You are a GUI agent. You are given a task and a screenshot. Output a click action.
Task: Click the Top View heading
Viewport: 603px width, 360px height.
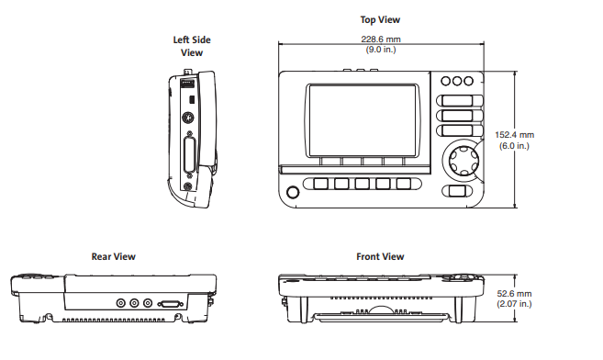pyautogui.click(x=380, y=20)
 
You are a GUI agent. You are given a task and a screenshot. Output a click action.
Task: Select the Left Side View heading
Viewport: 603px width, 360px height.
pyautogui.click(x=192, y=46)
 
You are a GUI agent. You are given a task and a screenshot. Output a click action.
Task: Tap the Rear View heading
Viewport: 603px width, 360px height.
pyautogui.click(x=114, y=256)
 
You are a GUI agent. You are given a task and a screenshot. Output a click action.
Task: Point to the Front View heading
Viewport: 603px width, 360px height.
pyautogui.click(x=380, y=256)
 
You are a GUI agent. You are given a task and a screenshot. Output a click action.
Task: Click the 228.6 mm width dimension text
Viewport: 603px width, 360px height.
pyautogui.click(x=381, y=39)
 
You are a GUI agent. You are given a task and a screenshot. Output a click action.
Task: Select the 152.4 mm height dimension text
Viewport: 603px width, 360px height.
pyautogui.click(x=514, y=135)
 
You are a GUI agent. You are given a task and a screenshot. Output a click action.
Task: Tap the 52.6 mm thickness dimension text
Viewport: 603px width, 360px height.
pyautogui.click(x=514, y=294)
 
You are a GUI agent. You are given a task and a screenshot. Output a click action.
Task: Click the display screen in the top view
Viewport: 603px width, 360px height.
pyautogui.click(x=363, y=120)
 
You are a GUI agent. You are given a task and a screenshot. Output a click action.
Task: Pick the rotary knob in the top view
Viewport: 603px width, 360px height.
pyautogui.click(x=464, y=159)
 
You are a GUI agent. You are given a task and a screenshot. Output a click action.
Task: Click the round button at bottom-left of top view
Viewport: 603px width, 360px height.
pyautogui.click(x=293, y=192)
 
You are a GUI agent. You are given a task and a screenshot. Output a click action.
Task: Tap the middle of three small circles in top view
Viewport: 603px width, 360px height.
pyautogui.click(x=457, y=81)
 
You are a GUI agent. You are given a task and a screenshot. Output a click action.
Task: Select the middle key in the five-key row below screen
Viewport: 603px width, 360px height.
pyautogui.click(x=362, y=184)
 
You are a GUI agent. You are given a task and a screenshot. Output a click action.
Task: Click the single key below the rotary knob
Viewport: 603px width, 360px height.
pyautogui.click(x=457, y=191)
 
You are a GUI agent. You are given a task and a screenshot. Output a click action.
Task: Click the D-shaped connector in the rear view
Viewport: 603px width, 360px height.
pyautogui.click(x=170, y=304)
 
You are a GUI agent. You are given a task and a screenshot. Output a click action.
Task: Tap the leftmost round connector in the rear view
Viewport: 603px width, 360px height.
pyautogui.click(x=121, y=303)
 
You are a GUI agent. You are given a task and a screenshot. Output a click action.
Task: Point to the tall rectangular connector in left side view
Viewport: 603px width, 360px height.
pyautogui.click(x=190, y=154)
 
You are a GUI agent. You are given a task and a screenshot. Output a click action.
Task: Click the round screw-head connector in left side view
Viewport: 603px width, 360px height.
pyautogui.click(x=187, y=118)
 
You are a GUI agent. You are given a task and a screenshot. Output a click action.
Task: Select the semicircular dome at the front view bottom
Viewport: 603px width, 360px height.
pyautogui.click(x=381, y=310)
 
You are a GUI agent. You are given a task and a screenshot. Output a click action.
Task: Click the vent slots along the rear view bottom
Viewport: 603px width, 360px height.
pyautogui.click(x=114, y=320)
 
